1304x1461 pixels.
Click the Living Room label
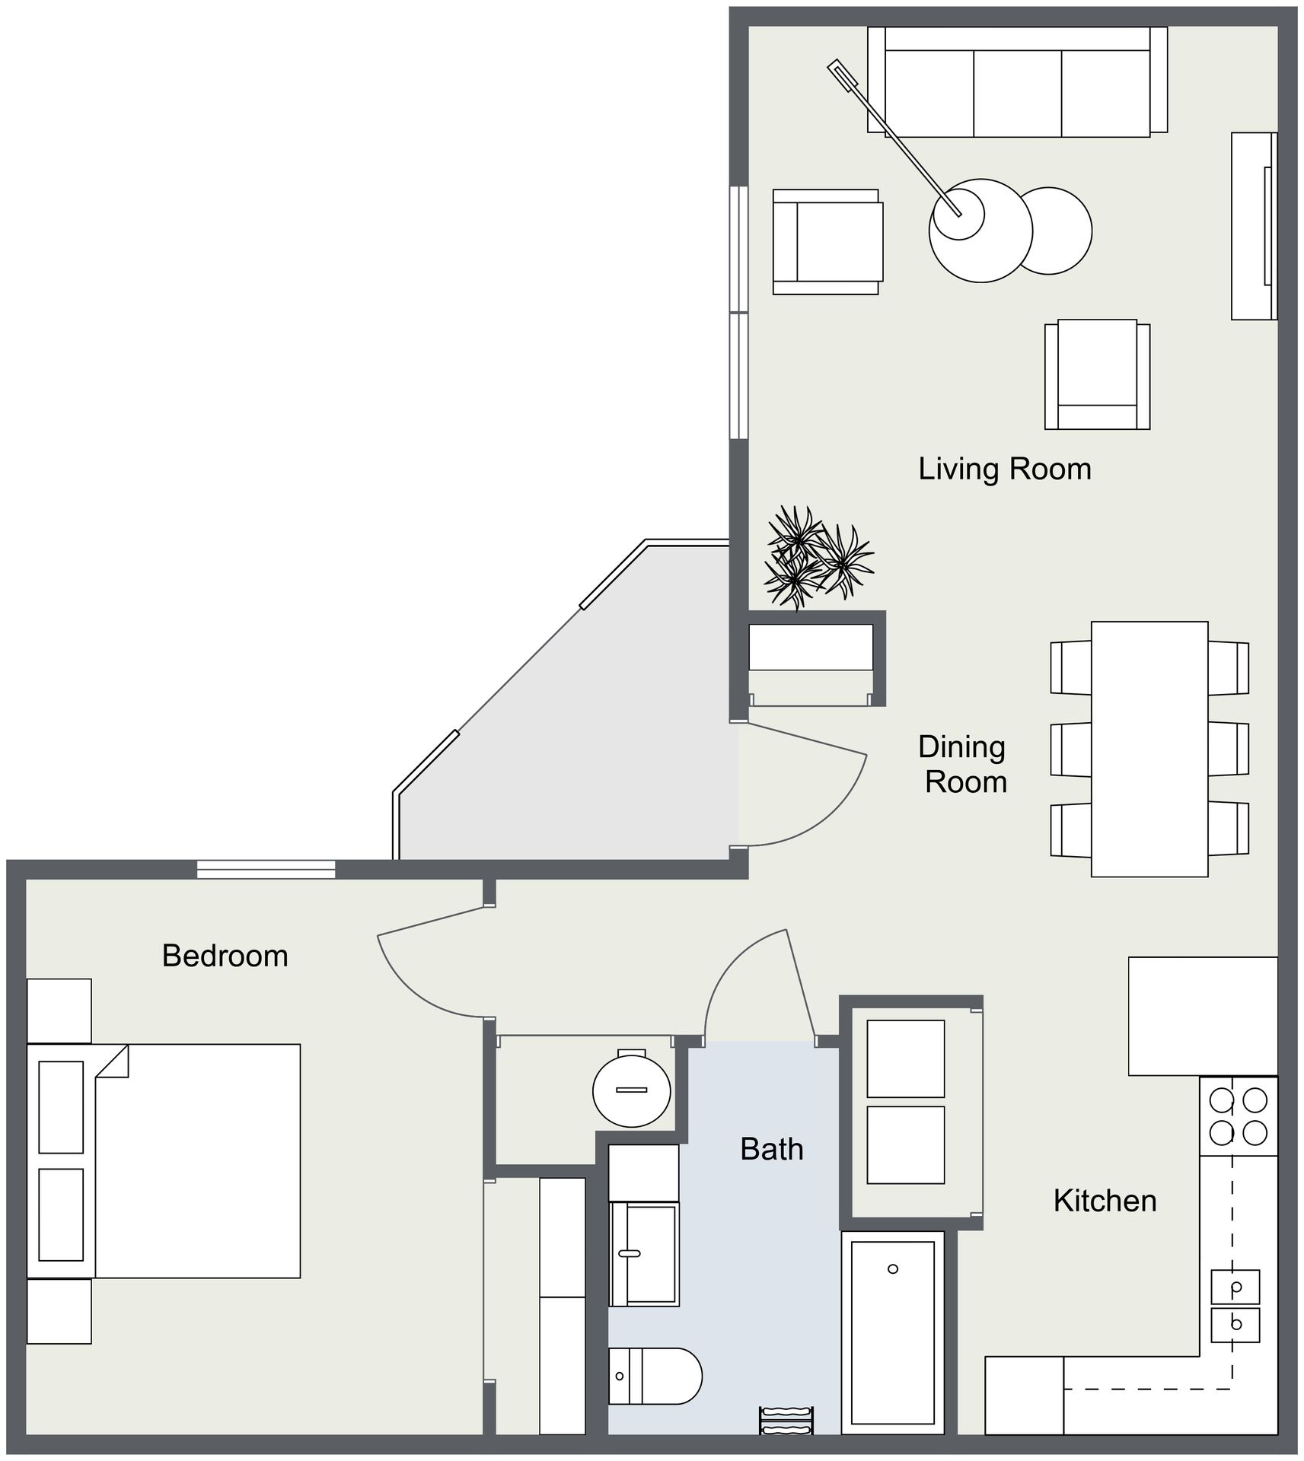pos(1005,469)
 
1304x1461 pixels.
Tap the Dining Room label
pos(963,765)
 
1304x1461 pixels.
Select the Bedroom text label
pos(225,956)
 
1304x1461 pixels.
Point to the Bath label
pos(772,1149)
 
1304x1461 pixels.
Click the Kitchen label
pos(1105,1201)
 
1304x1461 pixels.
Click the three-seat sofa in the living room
pos(1018,82)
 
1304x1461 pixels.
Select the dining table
pos(1149,750)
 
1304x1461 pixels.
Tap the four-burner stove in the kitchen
pos(1239,1116)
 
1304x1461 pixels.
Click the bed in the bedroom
pos(164,1160)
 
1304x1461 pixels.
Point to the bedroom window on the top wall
pos(266,869)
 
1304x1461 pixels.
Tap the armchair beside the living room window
pos(827,242)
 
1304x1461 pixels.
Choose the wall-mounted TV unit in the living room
pos(1255,226)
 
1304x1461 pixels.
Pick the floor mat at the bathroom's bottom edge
pos(787,1421)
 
